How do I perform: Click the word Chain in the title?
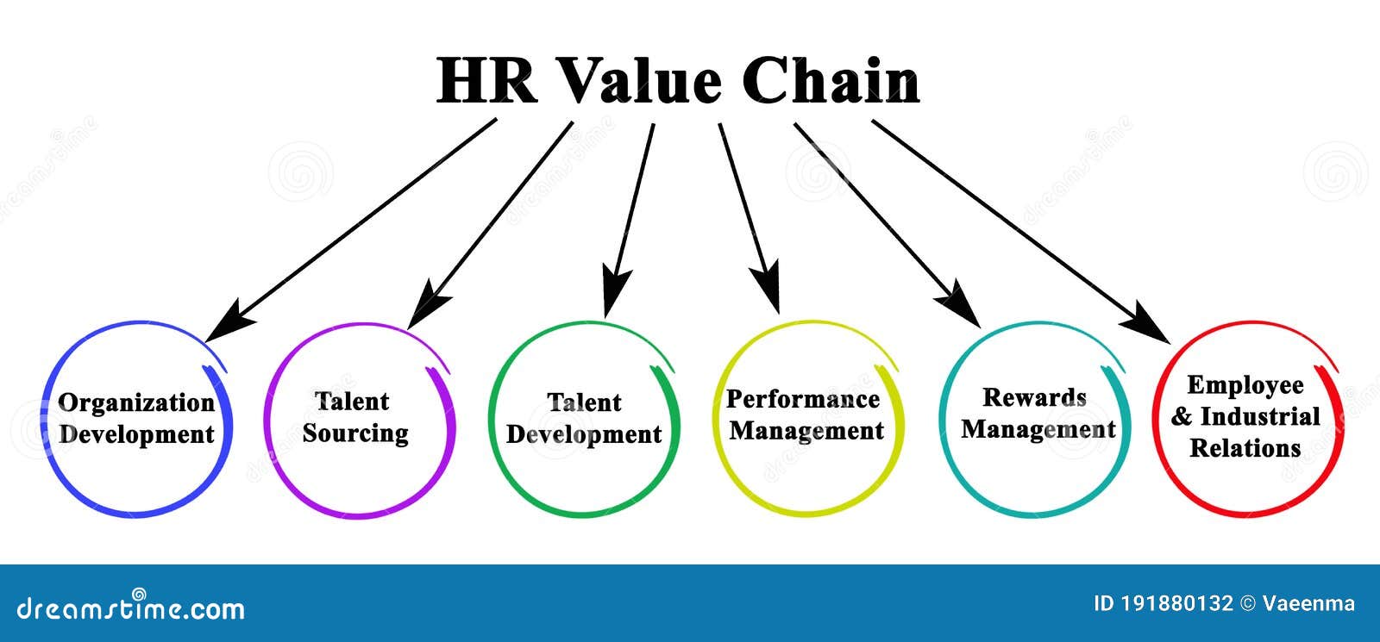point(831,81)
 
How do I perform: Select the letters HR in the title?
point(486,81)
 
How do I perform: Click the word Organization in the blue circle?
point(136,404)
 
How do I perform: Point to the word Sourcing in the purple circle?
point(355,433)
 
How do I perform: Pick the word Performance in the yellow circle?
point(803,399)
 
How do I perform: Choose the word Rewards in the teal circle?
point(1034,397)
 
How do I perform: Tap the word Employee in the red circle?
point(1245,386)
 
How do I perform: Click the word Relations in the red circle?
point(1245,448)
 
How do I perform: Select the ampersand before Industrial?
point(1182,417)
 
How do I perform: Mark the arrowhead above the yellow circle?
point(767,287)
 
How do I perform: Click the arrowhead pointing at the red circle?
point(1146,322)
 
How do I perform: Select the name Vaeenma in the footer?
point(1308,604)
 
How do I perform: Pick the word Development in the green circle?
point(584,434)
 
